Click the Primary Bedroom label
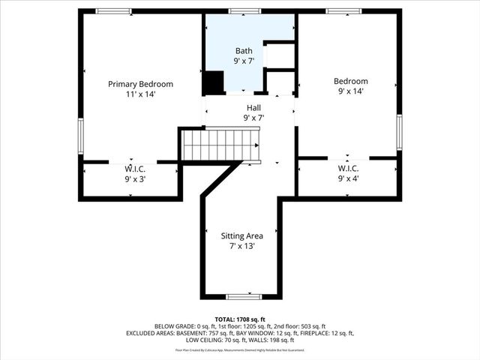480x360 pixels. click(140, 84)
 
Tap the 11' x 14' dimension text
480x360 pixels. click(140, 94)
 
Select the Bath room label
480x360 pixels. click(244, 51)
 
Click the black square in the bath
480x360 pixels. click(214, 82)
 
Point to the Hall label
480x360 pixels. click(253, 107)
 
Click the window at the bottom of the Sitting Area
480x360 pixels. click(244, 296)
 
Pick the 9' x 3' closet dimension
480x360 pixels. click(132, 179)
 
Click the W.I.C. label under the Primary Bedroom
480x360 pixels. click(132, 169)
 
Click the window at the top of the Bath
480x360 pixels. click(244, 11)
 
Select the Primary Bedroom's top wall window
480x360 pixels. click(113, 11)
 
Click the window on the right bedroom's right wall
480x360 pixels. click(399, 131)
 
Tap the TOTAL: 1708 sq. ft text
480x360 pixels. click(239, 319)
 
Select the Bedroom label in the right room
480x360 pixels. click(351, 81)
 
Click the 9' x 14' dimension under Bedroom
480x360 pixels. click(351, 91)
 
